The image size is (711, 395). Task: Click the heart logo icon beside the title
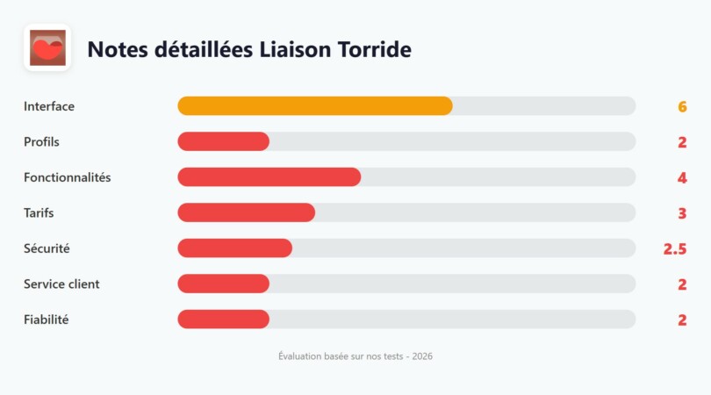pyautogui.click(x=47, y=47)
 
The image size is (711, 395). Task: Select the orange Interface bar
pyautogui.click(x=315, y=106)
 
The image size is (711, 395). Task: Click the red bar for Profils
pyautogui.click(x=223, y=141)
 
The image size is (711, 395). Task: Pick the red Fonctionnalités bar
pyautogui.click(x=269, y=177)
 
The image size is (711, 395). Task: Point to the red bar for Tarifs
pyautogui.click(x=246, y=212)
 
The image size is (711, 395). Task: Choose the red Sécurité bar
pyautogui.click(x=234, y=248)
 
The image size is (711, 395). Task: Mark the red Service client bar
pyautogui.click(x=223, y=284)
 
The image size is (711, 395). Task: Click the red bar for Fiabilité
pyautogui.click(x=223, y=320)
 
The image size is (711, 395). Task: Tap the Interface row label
pyautogui.click(x=49, y=106)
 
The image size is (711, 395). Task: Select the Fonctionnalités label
pyautogui.click(x=68, y=177)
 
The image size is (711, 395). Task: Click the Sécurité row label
pyautogui.click(x=47, y=248)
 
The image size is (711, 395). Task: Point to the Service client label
pyautogui.click(x=61, y=284)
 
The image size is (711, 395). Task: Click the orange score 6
pyautogui.click(x=682, y=107)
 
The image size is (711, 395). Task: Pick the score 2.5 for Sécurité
pyautogui.click(x=675, y=249)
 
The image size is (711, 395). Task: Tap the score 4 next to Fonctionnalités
pyautogui.click(x=682, y=178)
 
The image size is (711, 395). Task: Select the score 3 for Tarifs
pyautogui.click(x=682, y=213)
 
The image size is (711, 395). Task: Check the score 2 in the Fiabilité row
pyautogui.click(x=682, y=320)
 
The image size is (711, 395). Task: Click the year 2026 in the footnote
pyautogui.click(x=421, y=356)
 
